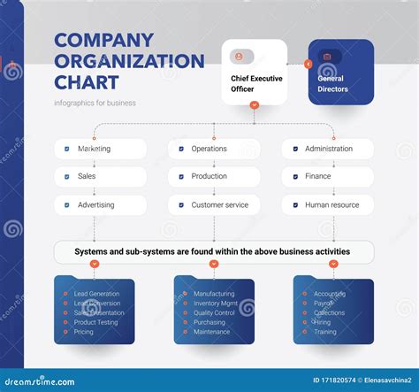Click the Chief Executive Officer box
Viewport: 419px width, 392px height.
coord(254,73)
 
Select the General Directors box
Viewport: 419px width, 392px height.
coord(340,73)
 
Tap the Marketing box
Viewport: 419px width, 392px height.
coord(100,149)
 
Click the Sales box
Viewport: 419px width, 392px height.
coord(100,177)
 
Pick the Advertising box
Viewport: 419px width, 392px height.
coord(100,205)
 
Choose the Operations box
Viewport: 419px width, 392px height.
coord(214,149)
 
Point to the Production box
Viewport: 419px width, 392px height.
coord(214,177)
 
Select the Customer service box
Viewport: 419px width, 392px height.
coord(214,205)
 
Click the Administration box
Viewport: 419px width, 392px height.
coord(328,149)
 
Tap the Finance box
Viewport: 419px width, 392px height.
coord(328,177)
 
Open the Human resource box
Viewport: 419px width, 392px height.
coord(328,205)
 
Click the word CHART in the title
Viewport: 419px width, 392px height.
coord(87,82)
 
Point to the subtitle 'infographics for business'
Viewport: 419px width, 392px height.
coord(95,104)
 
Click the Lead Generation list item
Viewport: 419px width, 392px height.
coord(96,294)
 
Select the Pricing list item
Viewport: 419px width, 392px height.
coord(84,332)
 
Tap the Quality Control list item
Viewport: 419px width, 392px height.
coord(214,312)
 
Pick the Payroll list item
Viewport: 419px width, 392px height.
coord(324,303)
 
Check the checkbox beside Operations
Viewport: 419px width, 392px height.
coord(181,150)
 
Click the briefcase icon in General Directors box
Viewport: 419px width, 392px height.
coord(327,57)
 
